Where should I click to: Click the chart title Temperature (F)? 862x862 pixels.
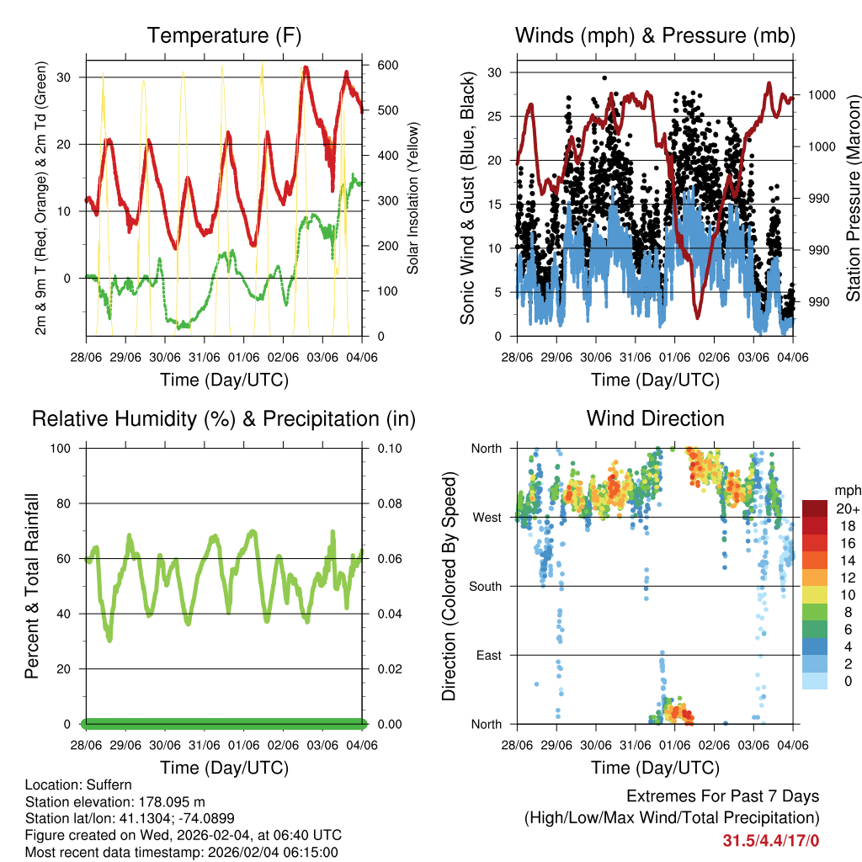(x=223, y=35)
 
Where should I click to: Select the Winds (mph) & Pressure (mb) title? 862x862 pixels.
(x=655, y=35)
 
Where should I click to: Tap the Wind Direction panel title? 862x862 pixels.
(x=655, y=418)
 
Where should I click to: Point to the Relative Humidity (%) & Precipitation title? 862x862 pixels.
(x=223, y=418)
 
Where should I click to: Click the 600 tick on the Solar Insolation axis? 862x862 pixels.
(x=386, y=66)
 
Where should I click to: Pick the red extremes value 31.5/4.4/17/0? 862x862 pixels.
(x=770, y=840)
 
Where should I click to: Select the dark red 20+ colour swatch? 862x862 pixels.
(x=815, y=508)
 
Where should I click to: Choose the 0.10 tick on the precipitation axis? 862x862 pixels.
(x=386, y=448)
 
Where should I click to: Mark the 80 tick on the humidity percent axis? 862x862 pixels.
(x=67, y=503)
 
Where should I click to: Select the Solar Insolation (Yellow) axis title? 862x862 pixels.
(x=413, y=198)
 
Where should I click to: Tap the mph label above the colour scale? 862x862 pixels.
(x=845, y=490)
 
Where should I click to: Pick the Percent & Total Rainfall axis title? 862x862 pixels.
(x=32, y=586)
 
